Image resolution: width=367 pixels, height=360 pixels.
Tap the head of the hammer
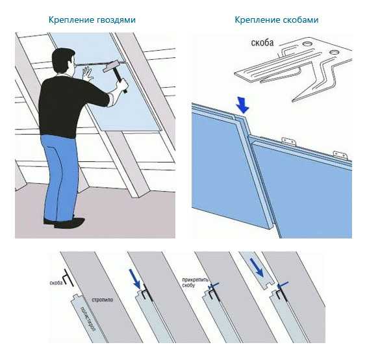111,66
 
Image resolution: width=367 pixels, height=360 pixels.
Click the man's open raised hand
88,73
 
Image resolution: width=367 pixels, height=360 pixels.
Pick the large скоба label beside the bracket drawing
262,43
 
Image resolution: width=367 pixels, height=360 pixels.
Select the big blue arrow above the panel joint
243,105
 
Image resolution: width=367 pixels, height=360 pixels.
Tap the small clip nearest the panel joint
289,141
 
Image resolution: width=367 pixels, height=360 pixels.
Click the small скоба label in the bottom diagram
56,283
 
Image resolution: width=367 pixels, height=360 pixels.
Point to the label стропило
103,300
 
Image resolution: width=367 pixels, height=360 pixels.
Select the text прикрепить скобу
196,283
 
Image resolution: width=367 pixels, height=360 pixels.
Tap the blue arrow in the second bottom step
135,279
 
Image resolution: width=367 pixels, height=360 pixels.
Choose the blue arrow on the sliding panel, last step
257,268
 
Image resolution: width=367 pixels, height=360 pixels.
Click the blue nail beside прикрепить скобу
214,285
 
